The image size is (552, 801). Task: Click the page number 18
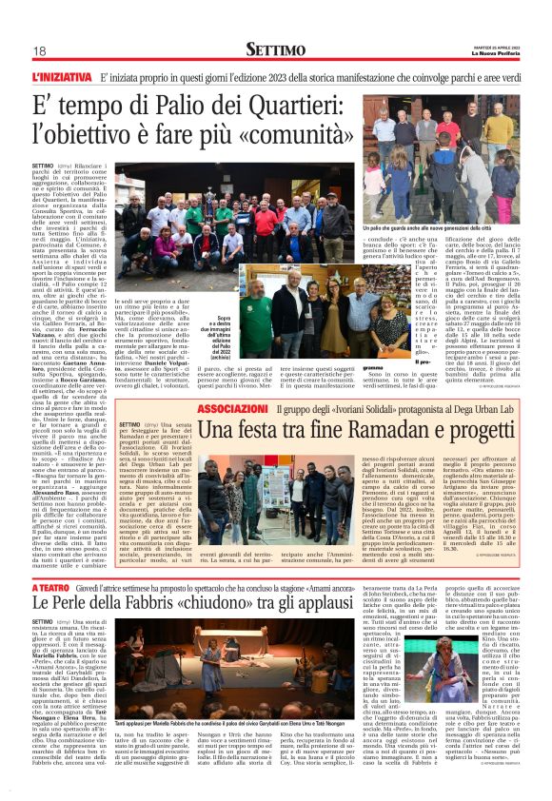pyautogui.click(x=41, y=50)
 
